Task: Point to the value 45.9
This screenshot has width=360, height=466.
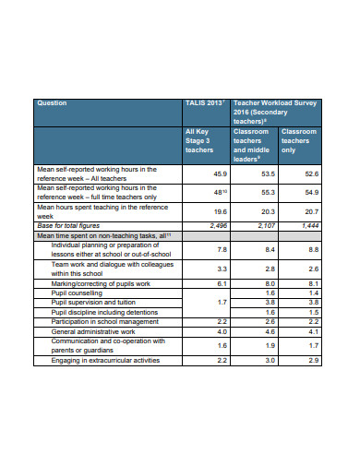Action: [220, 173]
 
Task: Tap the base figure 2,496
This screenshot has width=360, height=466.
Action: [218, 224]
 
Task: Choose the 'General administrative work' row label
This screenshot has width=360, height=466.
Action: [99, 329]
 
